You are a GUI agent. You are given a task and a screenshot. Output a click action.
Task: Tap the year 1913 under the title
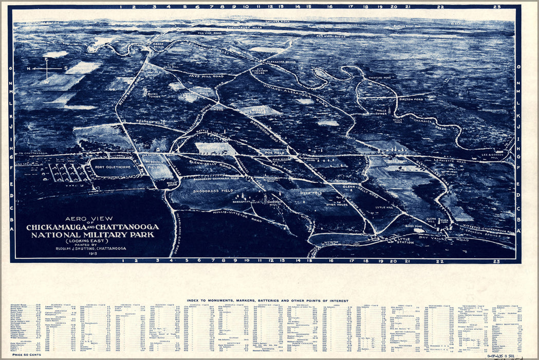click(92, 254)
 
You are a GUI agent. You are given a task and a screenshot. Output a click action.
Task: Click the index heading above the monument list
click(267, 300)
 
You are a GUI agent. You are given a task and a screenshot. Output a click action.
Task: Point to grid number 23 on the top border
click(496, 7)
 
